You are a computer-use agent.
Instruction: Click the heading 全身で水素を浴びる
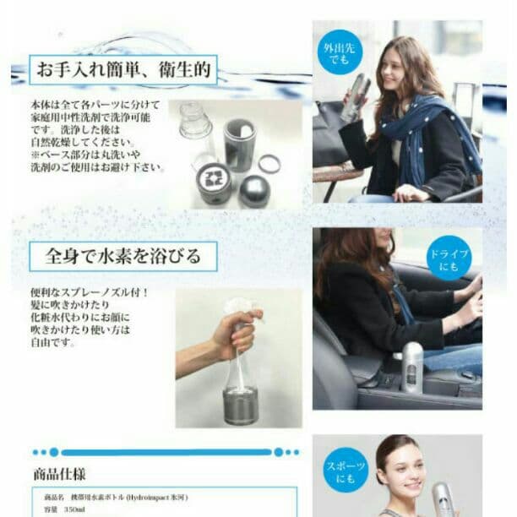[122, 254]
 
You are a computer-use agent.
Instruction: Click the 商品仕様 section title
[60, 475]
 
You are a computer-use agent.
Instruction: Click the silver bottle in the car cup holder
[411, 366]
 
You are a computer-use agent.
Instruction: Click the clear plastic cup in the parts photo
[194, 122]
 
